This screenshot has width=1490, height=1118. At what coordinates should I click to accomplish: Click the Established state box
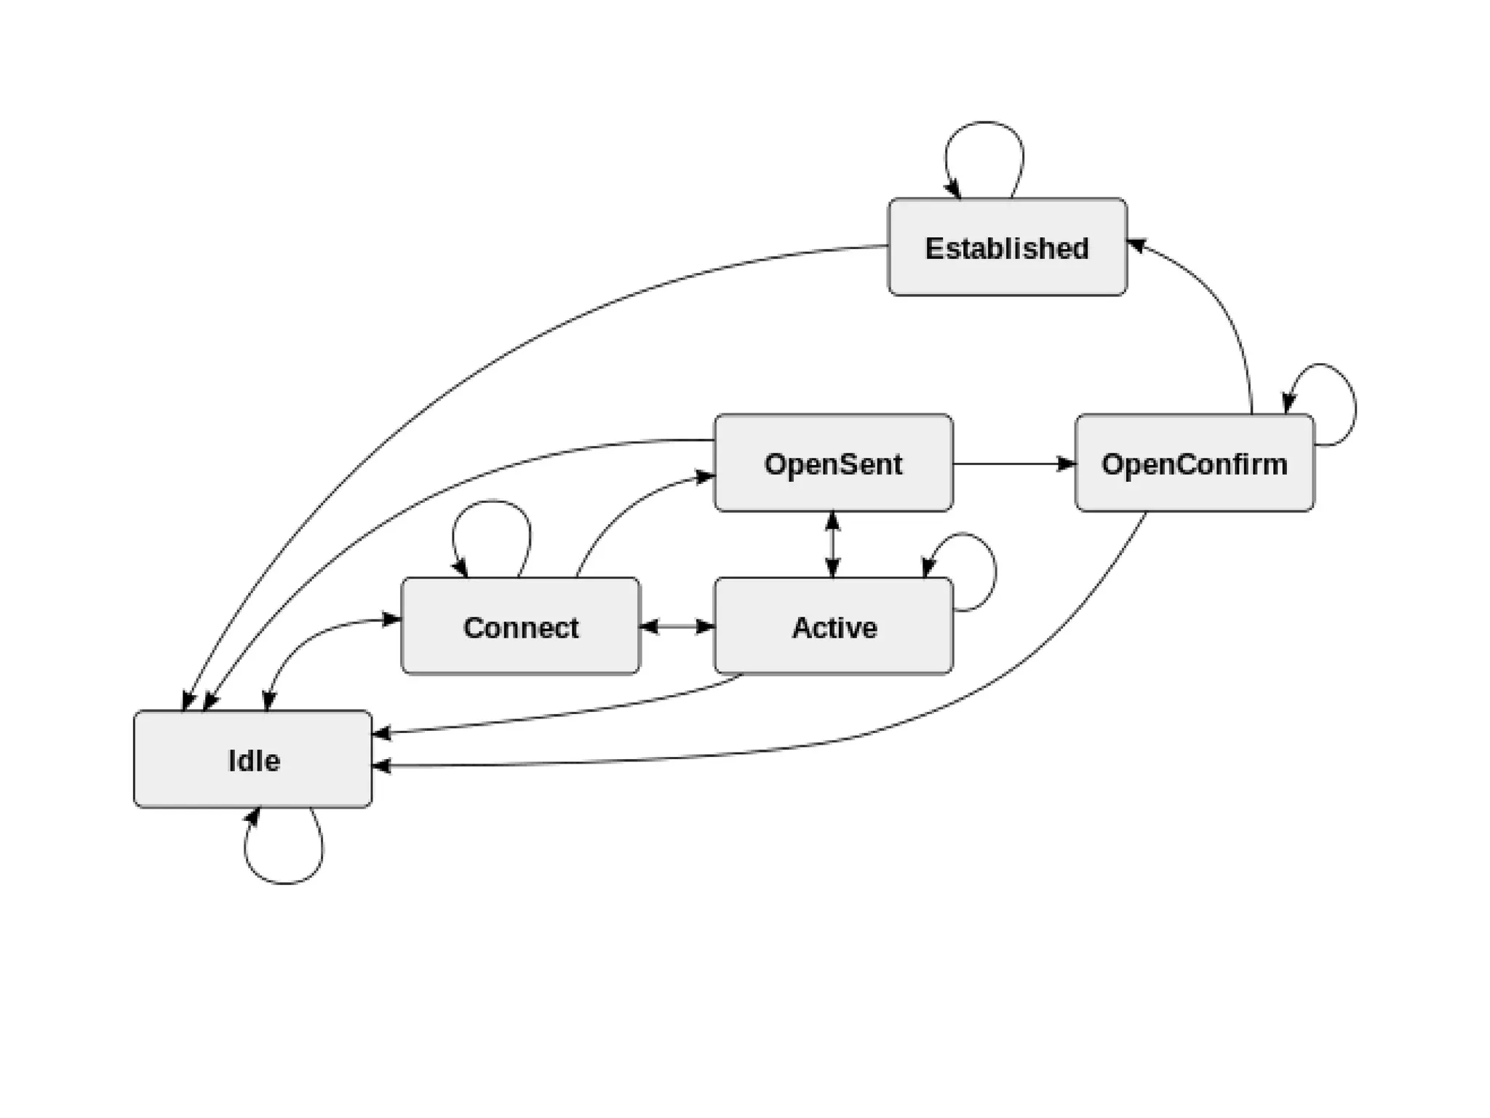click(x=1007, y=247)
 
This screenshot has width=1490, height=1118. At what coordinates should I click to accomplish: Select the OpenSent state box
click(x=833, y=463)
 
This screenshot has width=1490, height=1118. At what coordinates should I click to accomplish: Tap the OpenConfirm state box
click(x=1194, y=463)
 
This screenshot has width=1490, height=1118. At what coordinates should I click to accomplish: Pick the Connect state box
click(x=520, y=626)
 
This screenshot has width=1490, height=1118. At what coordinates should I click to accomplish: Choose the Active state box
click(x=833, y=626)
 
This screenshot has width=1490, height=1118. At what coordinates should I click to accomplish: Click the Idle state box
click(x=253, y=759)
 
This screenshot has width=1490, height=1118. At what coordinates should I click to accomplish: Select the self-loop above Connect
click(x=492, y=502)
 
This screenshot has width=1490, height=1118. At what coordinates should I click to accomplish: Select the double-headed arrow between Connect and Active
click(x=677, y=626)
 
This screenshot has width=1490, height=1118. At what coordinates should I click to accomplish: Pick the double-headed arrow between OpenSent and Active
click(x=833, y=544)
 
